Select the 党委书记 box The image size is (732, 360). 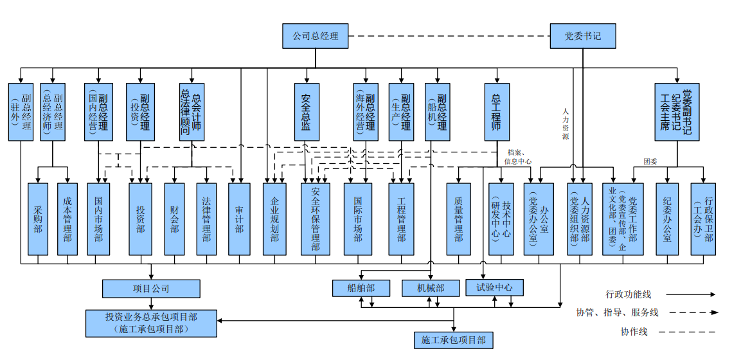coord(583,36)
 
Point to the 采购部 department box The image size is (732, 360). coord(38,219)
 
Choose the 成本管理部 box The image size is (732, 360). coord(67,219)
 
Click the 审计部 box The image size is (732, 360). coord(239,219)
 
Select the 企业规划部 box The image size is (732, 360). coord(274,219)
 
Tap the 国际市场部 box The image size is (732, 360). coord(358,219)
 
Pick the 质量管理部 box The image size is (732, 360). coord(459,219)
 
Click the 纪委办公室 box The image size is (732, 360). coord(667,219)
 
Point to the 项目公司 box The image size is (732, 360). coord(151,289)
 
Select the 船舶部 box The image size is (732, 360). coord(362,288)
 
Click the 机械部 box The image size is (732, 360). coord(431,288)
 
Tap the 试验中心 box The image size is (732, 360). coord(494,287)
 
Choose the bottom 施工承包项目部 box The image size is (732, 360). coord(454,339)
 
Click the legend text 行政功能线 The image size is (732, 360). coord(628,294)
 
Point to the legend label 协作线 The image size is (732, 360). coord(634,332)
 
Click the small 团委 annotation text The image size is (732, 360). coord(650,161)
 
